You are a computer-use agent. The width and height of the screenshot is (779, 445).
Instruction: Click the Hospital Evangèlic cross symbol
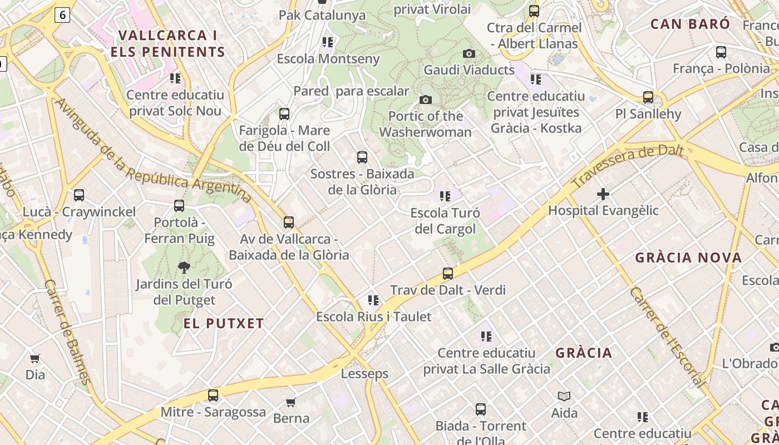coord(603,194)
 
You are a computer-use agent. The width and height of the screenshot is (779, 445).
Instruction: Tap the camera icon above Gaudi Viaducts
coord(469,53)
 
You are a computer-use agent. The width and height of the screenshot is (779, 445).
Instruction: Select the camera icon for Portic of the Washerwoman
coord(426,100)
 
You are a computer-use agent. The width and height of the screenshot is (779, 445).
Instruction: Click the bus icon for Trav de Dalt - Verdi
coord(448,273)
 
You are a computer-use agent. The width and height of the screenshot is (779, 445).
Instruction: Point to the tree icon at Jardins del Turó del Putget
coord(184,268)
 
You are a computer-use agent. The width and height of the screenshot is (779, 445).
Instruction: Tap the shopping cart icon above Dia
coord(35,358)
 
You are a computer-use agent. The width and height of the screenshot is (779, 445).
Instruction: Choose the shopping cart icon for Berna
coord(291,402)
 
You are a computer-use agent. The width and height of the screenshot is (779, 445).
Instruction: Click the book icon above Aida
coord(564,396)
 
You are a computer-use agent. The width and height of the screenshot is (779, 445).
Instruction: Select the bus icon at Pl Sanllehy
coord(648,97)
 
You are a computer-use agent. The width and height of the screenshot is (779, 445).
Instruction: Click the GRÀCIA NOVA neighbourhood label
coord(688,258)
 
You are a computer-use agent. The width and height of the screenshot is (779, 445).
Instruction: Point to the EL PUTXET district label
coord(224,323)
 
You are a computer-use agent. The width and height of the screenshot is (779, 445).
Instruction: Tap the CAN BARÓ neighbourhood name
coord(690,24)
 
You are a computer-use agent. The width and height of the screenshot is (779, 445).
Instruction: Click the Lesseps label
coord(365,373)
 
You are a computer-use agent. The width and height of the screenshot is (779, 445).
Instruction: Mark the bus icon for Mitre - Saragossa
coord(213,395)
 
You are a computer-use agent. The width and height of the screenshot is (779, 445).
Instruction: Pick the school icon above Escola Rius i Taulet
coord(373,300)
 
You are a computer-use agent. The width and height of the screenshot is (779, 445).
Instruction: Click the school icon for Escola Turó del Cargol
coord(445,196)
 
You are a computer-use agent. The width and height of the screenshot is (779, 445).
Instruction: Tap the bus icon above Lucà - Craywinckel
coord(79,195)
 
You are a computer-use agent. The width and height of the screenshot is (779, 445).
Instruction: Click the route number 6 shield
coord(62,15)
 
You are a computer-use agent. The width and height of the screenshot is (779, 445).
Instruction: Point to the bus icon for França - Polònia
coord(721,52)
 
